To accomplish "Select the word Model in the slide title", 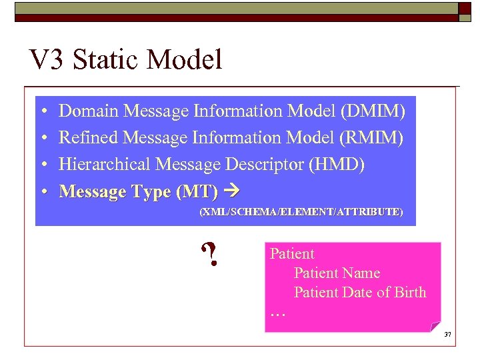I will click(185, 60).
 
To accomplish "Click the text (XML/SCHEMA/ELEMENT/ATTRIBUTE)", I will click(301, 211).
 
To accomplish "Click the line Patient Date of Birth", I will click(360, 292).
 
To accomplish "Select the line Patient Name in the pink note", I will click(337, 273).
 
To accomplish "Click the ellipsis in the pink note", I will click(277, 312).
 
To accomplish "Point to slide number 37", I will click(447, 334).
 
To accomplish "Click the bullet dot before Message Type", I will click(42, 192).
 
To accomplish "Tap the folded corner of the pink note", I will click(435, 326).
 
